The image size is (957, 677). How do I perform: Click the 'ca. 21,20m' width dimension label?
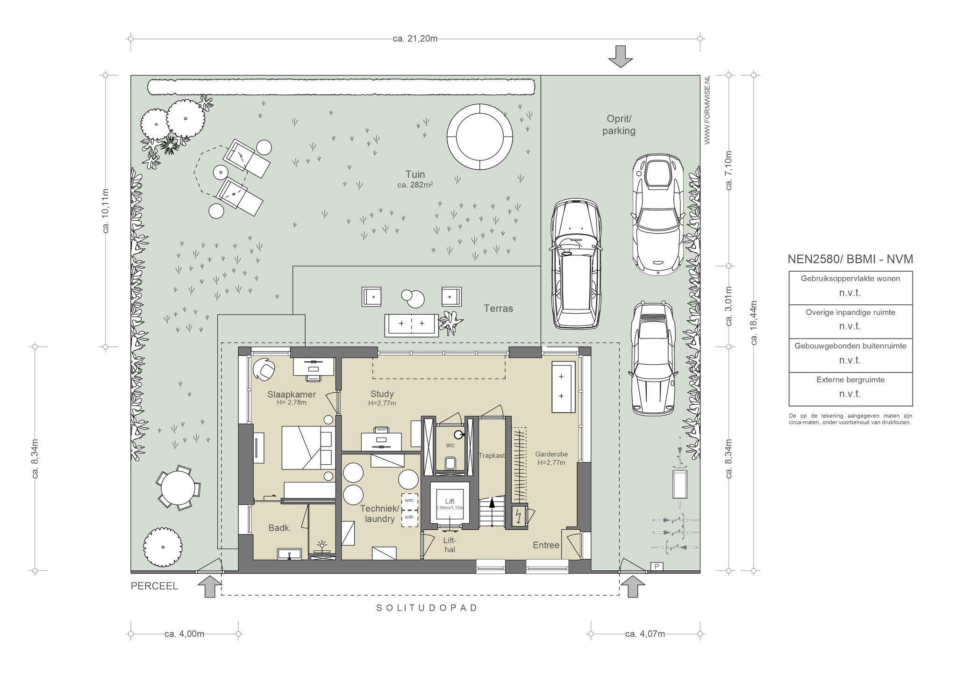(x=415, y=38)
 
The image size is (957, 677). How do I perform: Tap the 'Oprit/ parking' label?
(x=619, y=125)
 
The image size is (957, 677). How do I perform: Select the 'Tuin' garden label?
(x=415, y=174)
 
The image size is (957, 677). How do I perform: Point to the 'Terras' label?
(x=498, y=309)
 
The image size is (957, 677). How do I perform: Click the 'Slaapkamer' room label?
(x=292, y=394)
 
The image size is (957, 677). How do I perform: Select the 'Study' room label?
(x=382, y=394)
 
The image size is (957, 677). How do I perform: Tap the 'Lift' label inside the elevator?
(x=449, y=501)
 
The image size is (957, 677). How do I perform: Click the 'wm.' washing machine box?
(x=409, y=501)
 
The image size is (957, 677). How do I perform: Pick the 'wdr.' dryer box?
(x=409, y=518)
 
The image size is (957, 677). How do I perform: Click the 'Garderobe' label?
(x=551, y=454)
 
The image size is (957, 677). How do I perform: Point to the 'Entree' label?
(x=546, y=545)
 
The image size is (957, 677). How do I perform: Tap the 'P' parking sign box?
(x=657, y=567)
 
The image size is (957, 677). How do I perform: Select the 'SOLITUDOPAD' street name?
(x=427, y=608)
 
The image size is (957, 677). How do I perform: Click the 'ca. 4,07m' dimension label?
(x=645, y=634)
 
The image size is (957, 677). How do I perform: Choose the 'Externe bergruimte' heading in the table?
(x=850, y=380)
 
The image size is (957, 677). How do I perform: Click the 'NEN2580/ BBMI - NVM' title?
(x=850, y=259)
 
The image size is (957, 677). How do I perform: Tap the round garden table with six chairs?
(x=178, y=487)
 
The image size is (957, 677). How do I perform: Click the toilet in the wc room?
(x=450, y=463)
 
